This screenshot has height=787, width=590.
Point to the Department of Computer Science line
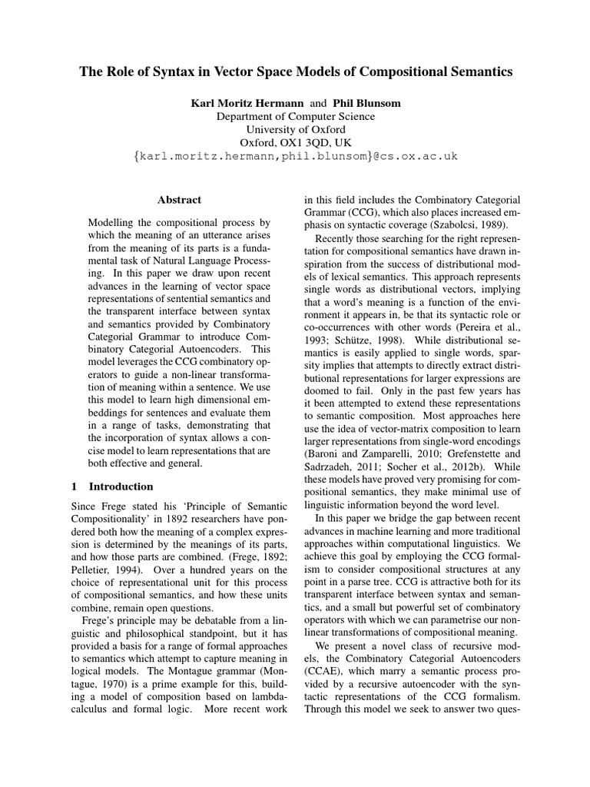tap(295, 116)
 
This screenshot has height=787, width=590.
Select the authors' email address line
tap(295, 156)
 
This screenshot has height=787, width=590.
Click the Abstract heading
tap(179, 200)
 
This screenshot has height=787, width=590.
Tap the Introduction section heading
tap(121, 486)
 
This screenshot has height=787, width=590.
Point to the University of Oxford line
tap(295, 129)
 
